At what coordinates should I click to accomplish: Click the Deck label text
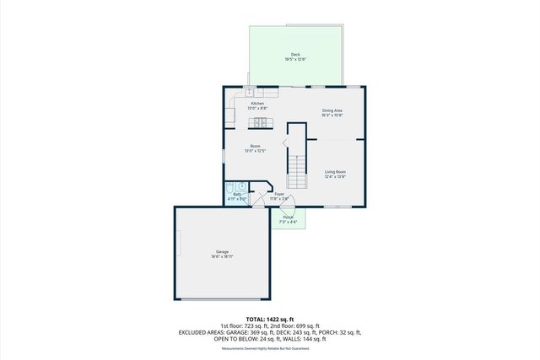coord(295,55)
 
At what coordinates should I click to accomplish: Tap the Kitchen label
coord(257,104)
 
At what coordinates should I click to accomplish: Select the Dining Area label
coord(332,110)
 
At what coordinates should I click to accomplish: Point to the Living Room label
coord(335,172)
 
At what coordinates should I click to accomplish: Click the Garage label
coord(222,252)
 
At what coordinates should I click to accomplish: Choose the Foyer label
coord(279,194)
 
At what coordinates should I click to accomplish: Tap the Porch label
coord(289,218)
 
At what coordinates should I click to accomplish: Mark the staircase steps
coord(296,173)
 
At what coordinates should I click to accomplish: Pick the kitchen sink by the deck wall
coord(250,91)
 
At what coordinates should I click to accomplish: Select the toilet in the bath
coord(241,187)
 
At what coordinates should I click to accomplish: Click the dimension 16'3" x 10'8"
coord(332,115)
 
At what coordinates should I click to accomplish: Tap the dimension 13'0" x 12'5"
coord(255,151)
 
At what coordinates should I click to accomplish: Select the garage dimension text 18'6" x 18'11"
coord(222,256)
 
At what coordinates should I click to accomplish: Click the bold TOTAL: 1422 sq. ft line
coord(270,319)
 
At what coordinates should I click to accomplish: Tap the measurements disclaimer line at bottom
coord(265,348)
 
